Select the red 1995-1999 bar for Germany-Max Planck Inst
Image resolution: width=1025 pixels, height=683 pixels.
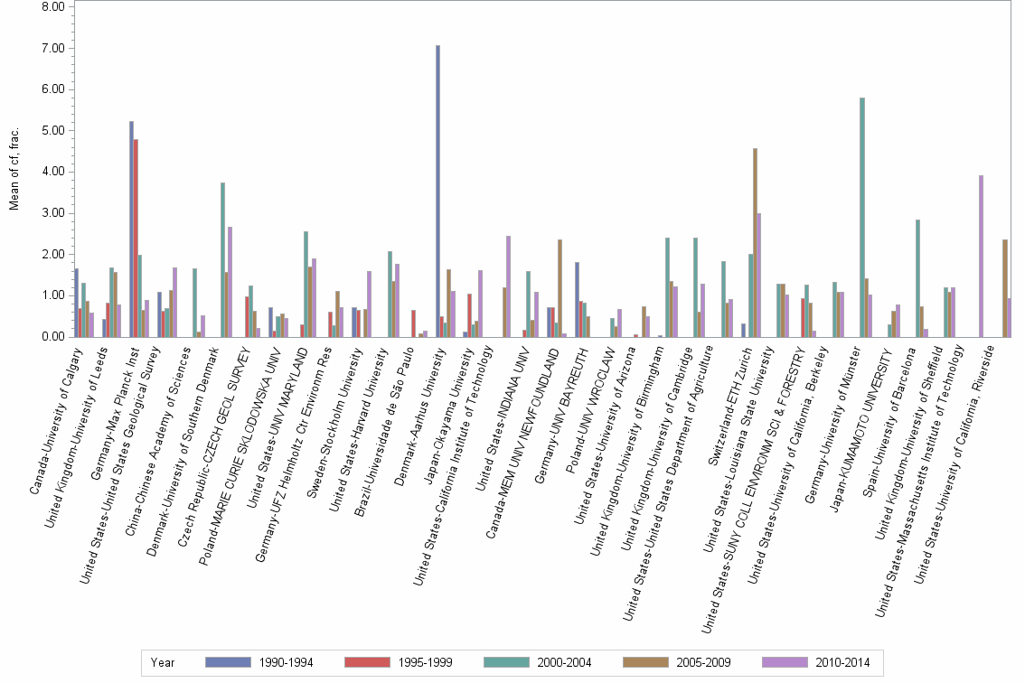pyautogui.click(x=136, y=239)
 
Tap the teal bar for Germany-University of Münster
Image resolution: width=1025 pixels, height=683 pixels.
pyautogui.click(x=862, y=218)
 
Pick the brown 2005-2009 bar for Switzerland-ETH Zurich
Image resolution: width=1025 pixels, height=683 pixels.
pyautogui.click(x=755, y=243)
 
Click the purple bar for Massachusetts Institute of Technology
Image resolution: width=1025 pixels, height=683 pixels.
pyautogui.click(x=981, y=257)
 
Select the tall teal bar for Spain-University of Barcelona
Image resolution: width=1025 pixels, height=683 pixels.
pyautogui.click(x=917, y=278)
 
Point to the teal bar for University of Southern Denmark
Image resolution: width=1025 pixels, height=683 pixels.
pyautogui.click(x=222, y=260)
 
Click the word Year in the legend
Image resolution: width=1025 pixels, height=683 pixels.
pyautogui.click(x=164, y=662)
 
